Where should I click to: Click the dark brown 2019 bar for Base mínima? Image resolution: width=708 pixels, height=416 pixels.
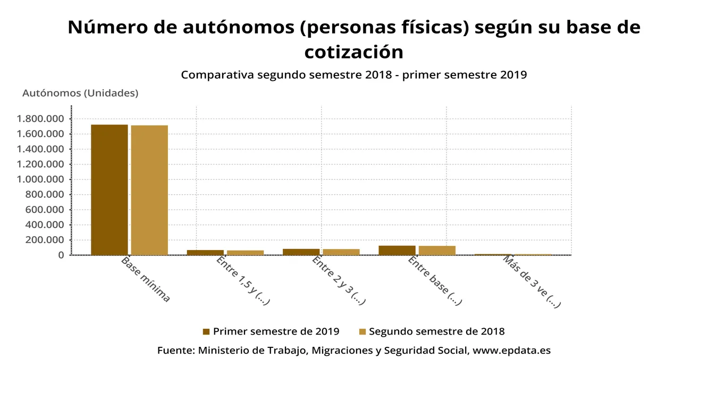[109, 190]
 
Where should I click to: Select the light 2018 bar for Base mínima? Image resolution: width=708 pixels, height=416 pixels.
[149, 190]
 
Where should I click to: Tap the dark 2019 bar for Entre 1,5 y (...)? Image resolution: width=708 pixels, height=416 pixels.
[205, 252]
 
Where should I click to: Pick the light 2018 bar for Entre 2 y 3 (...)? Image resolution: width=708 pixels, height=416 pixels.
[341, 252]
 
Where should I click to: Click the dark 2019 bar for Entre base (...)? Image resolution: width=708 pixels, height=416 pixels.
[397, 250]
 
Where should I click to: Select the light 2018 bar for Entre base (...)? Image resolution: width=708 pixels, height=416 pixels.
[437, 251]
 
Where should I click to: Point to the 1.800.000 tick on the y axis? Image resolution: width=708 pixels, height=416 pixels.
[40, 119]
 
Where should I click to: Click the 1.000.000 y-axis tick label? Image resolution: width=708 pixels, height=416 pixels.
[40, 179]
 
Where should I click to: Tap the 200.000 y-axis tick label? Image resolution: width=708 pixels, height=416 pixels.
[45, 240]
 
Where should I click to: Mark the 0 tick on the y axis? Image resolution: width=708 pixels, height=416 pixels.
[61, 255]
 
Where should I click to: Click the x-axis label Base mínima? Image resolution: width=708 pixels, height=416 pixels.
[146, 279]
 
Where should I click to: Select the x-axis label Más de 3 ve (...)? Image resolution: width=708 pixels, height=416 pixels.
[532, 281]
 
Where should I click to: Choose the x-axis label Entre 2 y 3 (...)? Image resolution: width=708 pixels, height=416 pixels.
[339, 280]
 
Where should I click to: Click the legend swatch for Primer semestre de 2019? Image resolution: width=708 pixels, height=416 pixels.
[206, 332]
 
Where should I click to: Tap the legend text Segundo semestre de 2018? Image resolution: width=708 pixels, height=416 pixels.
[436, 331]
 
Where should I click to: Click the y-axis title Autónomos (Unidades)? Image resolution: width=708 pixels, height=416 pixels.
[80, 93]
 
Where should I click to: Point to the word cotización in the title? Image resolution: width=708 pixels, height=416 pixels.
[353, 52]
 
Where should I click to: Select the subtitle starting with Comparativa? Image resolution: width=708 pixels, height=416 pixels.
[353, 74]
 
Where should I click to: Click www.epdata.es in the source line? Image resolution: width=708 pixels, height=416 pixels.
[511, 351]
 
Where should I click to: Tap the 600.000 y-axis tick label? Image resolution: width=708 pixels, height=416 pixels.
[45, 210]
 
